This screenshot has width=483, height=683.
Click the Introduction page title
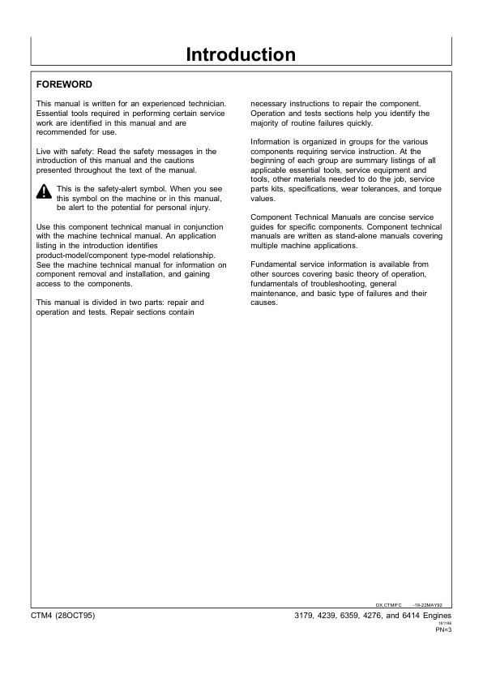pyautogui.click(x=241, y=55)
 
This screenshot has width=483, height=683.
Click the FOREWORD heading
pyautogui.click(x=65, y=84)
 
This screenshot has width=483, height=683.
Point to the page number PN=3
pyautogui.click(x=442, y=629)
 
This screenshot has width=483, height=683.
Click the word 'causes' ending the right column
pyautogui.click(x=263, y=303)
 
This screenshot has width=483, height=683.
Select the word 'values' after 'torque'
pyautogui.click(x=263, y=198)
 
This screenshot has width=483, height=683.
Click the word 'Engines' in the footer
pyautogui.click(x=436, y=616)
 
